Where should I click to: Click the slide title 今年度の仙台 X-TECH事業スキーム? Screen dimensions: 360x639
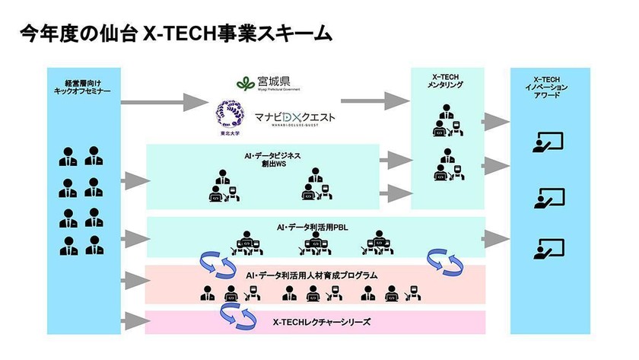pos(175,34)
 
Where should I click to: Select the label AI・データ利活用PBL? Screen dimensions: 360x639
pos(312,226)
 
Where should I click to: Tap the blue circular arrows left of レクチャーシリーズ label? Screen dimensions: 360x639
pos(238,315)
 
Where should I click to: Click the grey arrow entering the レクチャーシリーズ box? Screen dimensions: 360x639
pos(135,320)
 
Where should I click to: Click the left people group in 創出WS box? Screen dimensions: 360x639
pos(221,186)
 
